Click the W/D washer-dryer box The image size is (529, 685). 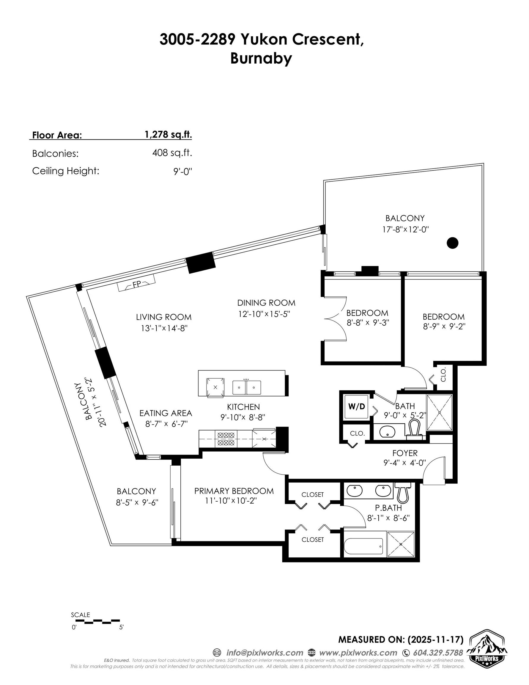tap(357, 407)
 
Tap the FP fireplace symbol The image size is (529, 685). tap(136, 284)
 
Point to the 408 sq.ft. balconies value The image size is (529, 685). tap(172, 153)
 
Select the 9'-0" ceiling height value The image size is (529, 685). tap(182, 171)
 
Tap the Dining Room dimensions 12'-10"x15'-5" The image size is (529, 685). tap(264, 314)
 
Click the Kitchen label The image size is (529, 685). tap(243, 407)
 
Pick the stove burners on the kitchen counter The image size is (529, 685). tap(226, 439)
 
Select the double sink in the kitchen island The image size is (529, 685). tap(246, 387)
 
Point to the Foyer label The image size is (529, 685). tap(405, 453)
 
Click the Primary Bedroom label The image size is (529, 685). tap(234, 491)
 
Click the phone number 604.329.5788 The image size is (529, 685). tap(438, 653)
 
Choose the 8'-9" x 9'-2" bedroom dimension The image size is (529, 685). tap(444, 326)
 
